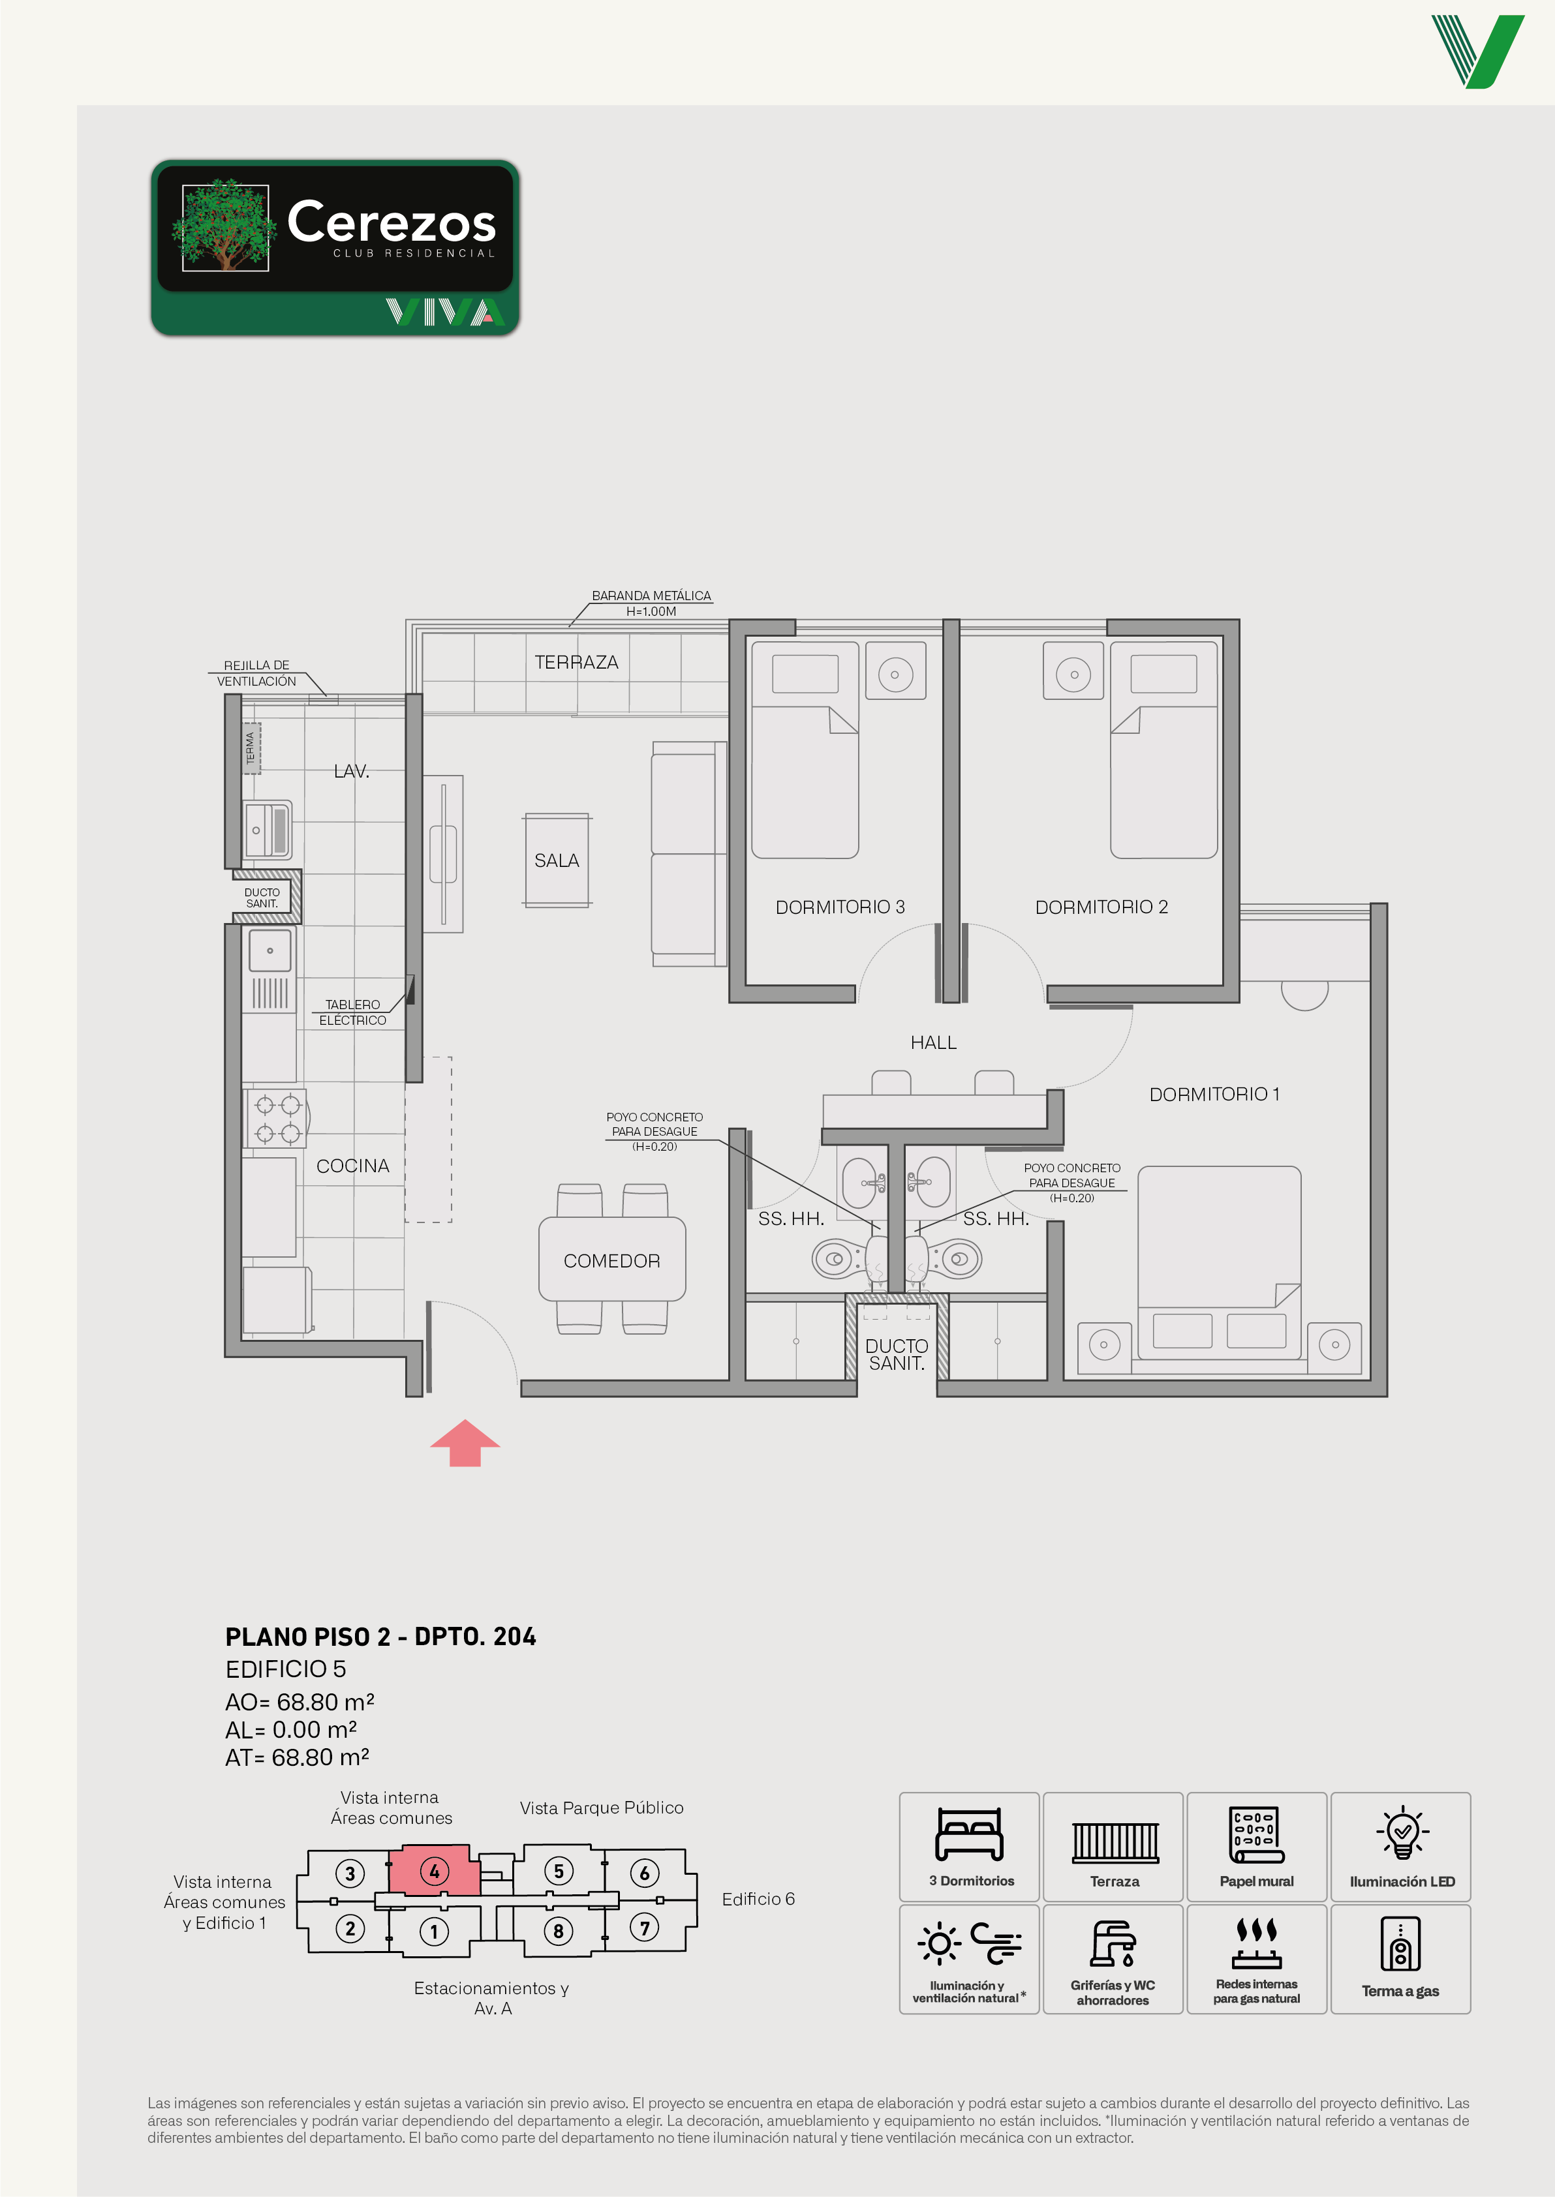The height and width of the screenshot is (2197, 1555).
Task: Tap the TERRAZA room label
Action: pyautogui.click(x=576, y=663)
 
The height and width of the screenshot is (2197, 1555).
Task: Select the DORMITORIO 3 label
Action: pyautogui.click(x=840, y=907)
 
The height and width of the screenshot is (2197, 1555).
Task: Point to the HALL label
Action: pyautogui.click(x=934, y=1042)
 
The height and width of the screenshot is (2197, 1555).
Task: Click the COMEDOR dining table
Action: pyautogui.click(x=612, y=1259)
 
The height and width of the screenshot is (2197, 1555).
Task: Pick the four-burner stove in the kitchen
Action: pyautogui.click(x=276, y=1118)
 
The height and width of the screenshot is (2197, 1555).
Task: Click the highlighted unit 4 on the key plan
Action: pyautogui.click(x=434, y=1871)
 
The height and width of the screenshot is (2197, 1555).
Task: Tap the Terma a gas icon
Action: pyautogui.click(x=1400, y=1943)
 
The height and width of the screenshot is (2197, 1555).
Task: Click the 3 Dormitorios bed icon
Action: pyautogui.click(x=969, y=1834)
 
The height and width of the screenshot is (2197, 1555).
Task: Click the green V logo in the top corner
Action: pyautogui.click(x=1477, y=52)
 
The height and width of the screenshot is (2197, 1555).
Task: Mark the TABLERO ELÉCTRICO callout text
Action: pyautogui.click(x=352, y=1012)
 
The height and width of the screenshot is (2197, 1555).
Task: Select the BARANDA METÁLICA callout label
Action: pyautogui.click(x=651, y=603)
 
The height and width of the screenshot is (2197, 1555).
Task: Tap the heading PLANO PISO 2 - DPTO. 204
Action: pyautogui.click(x=380, y=1636)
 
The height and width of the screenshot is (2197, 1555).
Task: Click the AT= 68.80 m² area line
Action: pyautogui.click(x=297, y=1757)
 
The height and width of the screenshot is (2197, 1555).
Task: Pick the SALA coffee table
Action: pyautogui.click(x=557, y=860)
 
